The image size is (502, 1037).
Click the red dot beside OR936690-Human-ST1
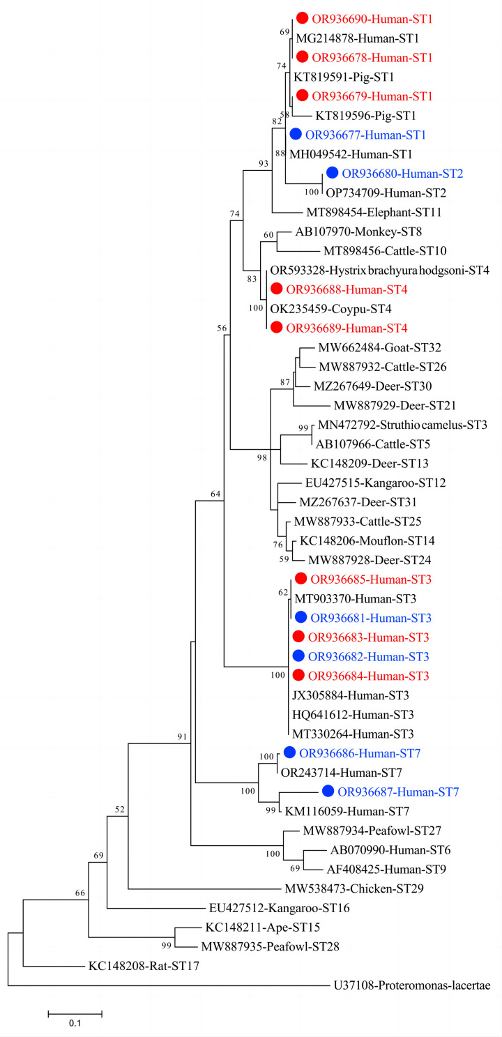303,18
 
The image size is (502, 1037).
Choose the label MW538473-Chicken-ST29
344,888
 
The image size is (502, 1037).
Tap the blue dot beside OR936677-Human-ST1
296,135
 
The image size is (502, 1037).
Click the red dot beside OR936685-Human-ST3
301,578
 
